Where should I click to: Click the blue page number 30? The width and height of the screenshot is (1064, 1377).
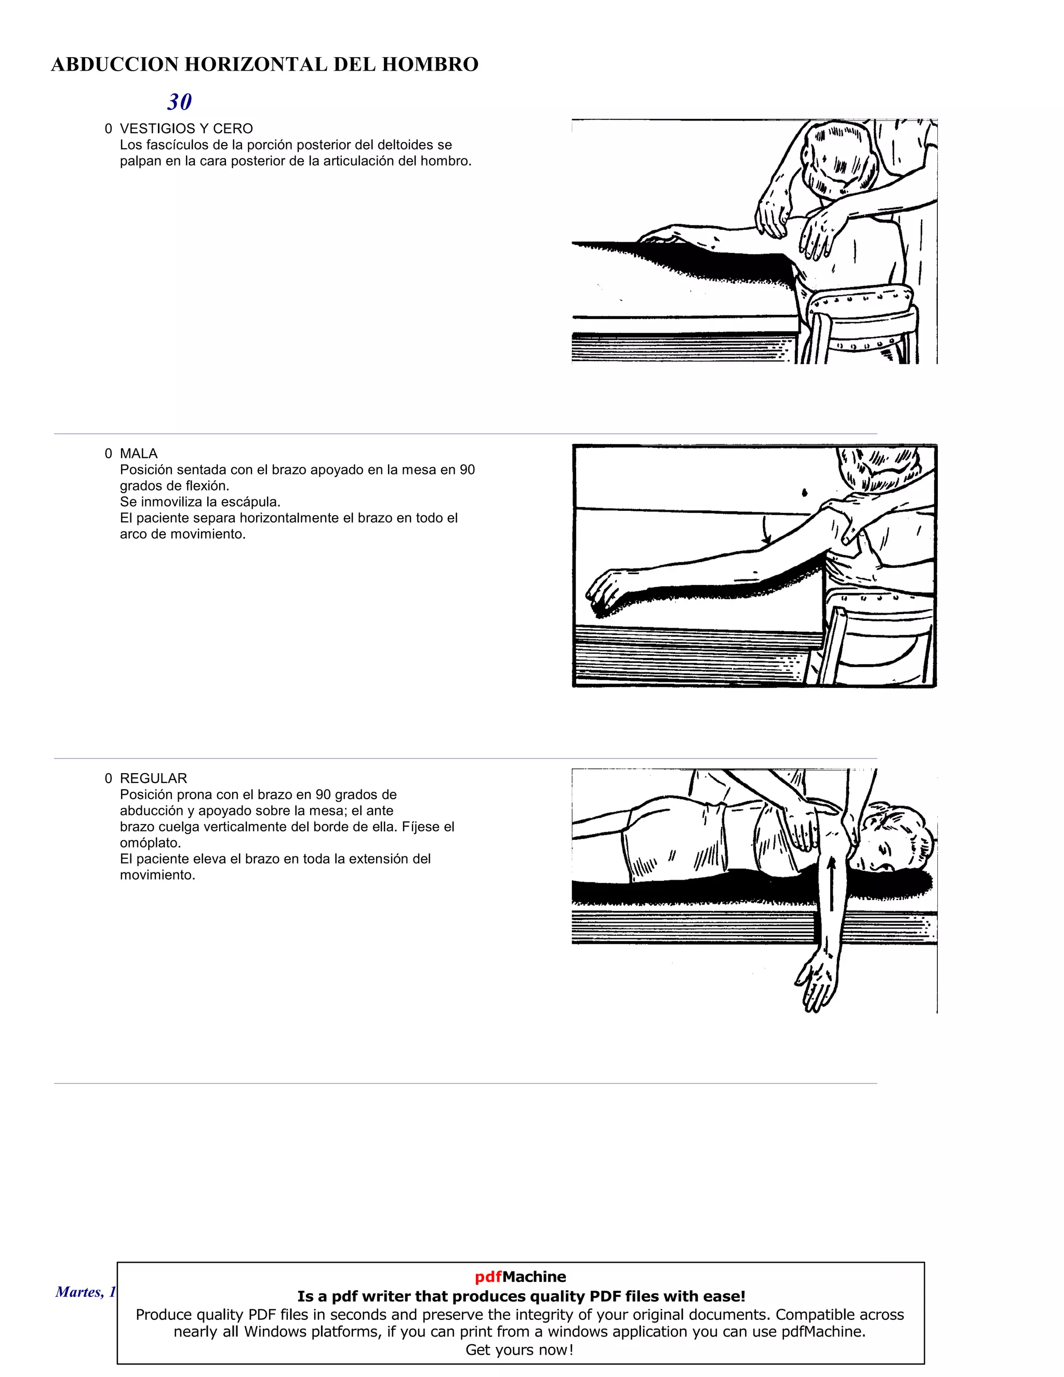coord(180,101)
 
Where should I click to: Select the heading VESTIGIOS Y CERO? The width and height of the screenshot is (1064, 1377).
coord(186,129)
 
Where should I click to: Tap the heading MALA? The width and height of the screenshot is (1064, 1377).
coord(139,453)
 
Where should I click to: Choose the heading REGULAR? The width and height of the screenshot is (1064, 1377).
coord(153,778)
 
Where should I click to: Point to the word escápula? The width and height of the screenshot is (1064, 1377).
coord(253,502)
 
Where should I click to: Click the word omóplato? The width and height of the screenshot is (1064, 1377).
coord(150,843)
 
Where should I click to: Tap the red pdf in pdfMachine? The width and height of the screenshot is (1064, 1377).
coord(488,1277)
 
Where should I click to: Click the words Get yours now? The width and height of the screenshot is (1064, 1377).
coord(520,1350)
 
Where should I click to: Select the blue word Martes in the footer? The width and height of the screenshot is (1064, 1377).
coord(78,1292)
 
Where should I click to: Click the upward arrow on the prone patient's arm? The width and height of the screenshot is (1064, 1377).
coord(831,883)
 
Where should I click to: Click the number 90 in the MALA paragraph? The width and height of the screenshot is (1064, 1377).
coord(467,470)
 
